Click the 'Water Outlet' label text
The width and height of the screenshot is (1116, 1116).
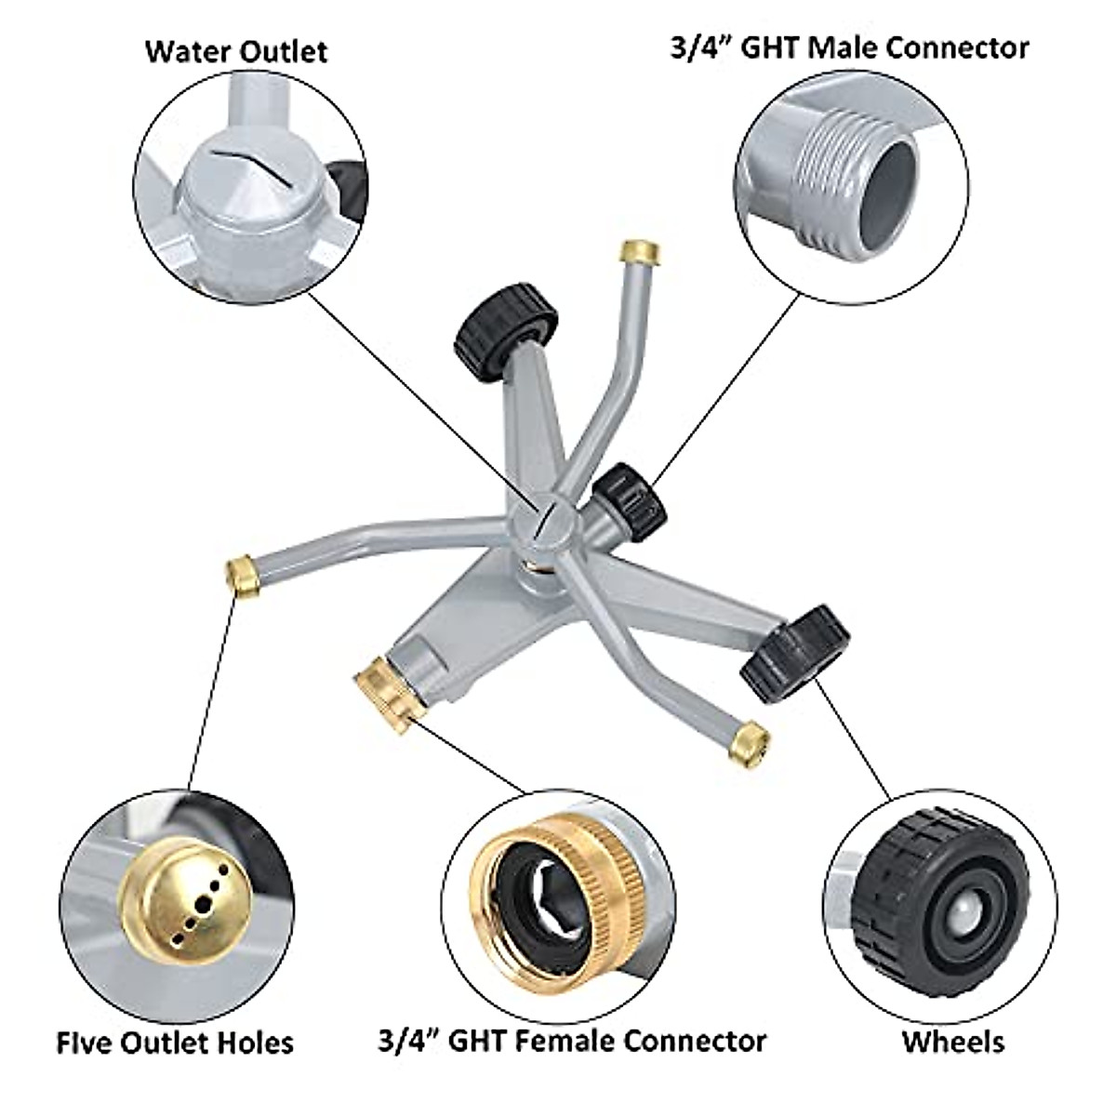coord(235,50)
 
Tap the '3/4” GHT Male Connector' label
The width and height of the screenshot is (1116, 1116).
coord(849,46)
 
